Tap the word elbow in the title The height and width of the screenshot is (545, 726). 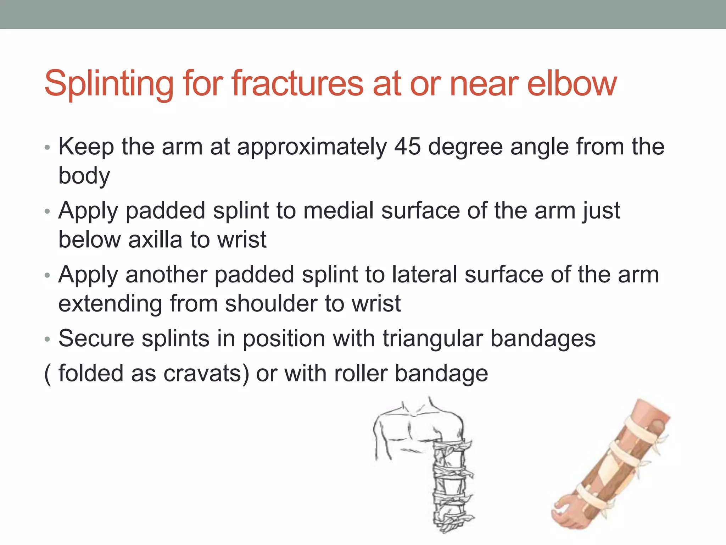[x=572, y=84]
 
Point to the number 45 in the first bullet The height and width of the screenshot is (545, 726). [x=407, y=147]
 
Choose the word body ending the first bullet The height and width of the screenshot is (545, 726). [x=84, y=176]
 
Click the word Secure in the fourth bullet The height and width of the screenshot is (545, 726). [x=96, y=338]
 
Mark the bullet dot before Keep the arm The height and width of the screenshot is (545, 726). [x=48, y=148]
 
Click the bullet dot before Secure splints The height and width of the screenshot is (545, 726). [x=48, y=340]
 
